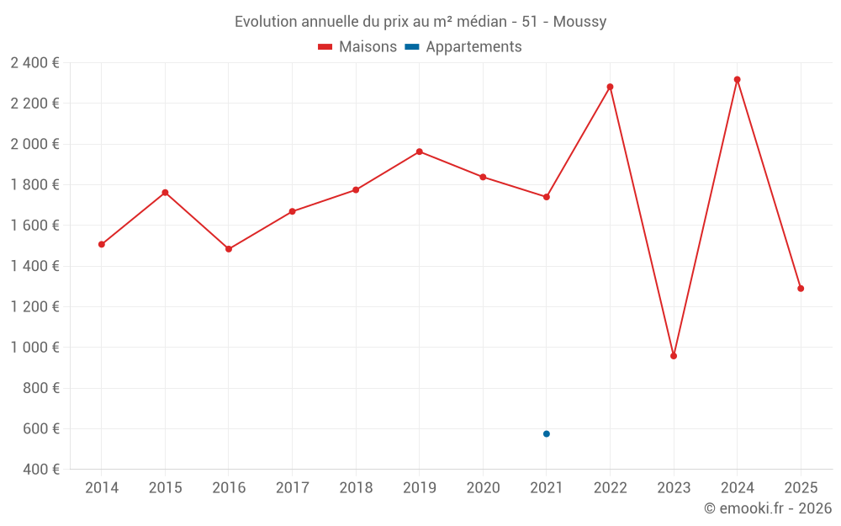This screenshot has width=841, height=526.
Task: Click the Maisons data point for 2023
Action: (674, 356)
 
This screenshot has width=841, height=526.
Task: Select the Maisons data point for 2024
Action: (738, 80)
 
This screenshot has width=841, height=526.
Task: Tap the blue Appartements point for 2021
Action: (547, 434)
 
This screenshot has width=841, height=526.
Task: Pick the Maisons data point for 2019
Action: (420, 151)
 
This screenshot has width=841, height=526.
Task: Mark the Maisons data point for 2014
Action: (102, 245)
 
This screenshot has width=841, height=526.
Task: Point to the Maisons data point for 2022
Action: (611, 87)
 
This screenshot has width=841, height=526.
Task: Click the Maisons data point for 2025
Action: (801, 289)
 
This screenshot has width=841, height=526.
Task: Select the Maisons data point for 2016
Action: (229, 249)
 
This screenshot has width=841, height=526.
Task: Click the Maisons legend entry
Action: (357, 47)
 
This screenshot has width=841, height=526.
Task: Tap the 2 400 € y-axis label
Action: (34, 63)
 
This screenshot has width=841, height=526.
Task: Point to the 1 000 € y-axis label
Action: (34, 348)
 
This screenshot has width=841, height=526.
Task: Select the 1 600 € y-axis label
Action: (34, 226)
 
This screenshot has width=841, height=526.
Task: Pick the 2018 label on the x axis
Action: (356, 488)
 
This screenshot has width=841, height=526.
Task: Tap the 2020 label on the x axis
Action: (483, 488)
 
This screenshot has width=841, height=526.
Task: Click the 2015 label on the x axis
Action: (165, 488)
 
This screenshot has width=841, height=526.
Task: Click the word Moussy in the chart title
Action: (579, 21)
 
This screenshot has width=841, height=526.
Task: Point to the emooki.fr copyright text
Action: (768, 508)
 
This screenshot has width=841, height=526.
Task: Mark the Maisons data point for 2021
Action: (547, 197)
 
